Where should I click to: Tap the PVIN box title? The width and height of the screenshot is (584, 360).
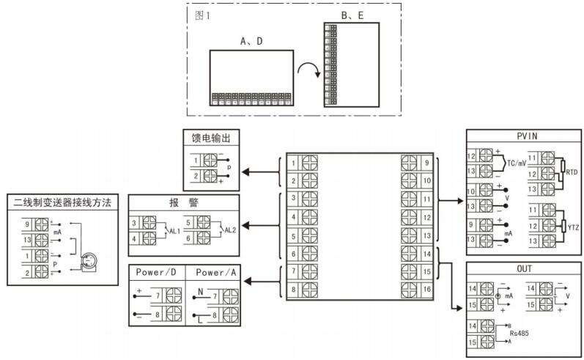[523, 137]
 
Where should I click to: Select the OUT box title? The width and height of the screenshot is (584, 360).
[523, 268]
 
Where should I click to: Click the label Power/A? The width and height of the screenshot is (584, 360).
[216, 271]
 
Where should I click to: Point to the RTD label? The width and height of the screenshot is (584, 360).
[572, 172]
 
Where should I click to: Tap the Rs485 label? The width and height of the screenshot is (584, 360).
[520, 332]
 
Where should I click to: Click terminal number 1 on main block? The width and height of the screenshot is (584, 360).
[293, 162]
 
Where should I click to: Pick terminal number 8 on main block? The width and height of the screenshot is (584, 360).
[293, 290]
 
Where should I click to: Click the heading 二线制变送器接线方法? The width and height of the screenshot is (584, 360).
[59, 202]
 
